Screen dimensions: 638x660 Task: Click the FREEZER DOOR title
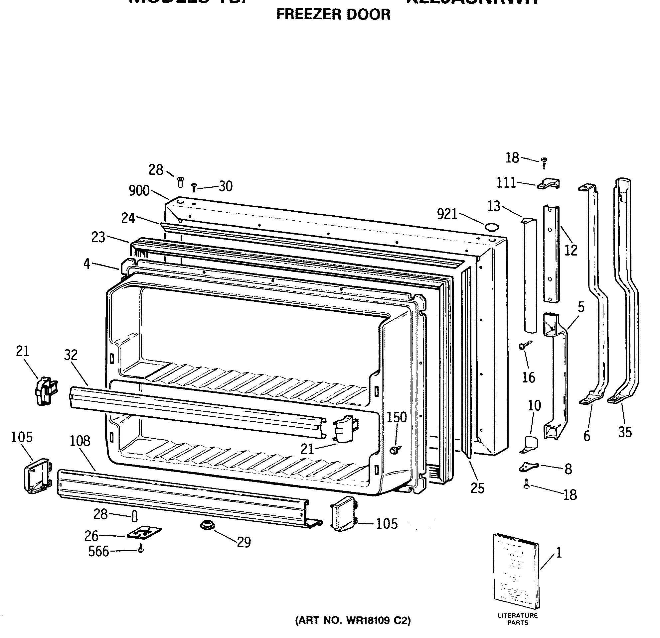point(333,15)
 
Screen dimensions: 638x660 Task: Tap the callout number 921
point(447,214)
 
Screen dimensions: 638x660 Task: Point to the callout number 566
point(99,552)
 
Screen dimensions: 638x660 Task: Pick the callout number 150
point(396,417)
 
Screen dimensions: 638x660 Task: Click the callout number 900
point(139,191)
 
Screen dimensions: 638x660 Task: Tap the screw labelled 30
point(194,187)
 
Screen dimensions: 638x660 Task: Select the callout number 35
point(625,432)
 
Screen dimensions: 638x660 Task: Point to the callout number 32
point(71,355)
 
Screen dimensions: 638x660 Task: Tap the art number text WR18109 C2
point(353,620)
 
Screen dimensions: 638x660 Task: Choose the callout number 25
point(477,488)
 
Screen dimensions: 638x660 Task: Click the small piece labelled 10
point(530,444)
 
